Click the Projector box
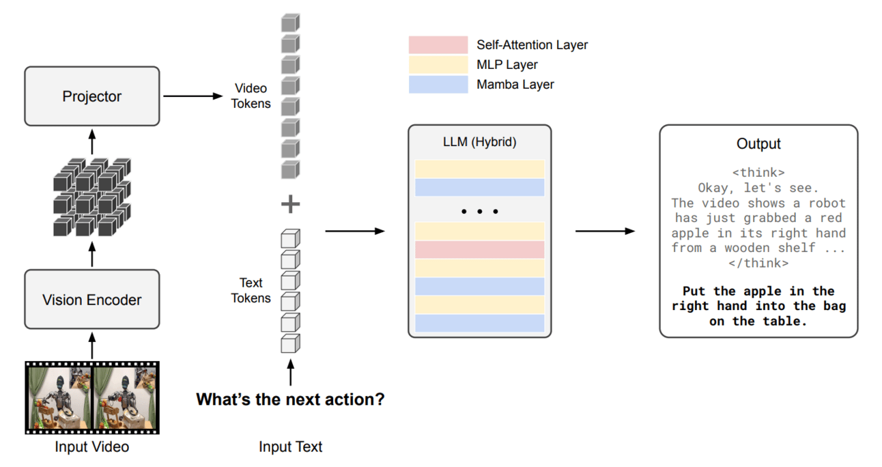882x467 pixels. point(91,96)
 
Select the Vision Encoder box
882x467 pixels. point(91,299)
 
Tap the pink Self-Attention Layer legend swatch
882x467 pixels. point(438,45)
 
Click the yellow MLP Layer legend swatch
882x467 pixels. point(438,65)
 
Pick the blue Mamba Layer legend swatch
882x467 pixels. point(438,85)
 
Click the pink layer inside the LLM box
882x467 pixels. point(479,250)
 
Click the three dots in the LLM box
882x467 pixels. point(479,212)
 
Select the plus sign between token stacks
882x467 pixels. point(291,204)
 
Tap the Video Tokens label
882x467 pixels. point(251,96)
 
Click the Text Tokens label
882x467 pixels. point(251,290)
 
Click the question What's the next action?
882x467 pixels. point(290,399)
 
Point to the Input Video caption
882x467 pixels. point(91,447)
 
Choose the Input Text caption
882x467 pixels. point(290,447)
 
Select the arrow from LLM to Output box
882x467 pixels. point(604,231)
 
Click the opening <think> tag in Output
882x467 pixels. point(758,173)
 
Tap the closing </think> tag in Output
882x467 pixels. point(758,263)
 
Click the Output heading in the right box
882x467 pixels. point(758,144)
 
